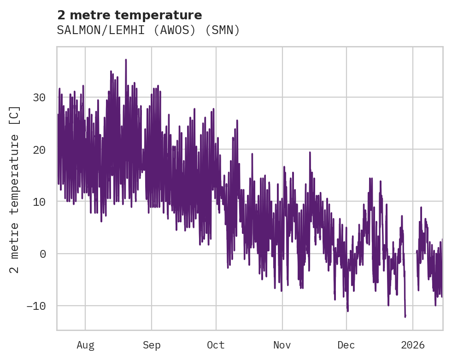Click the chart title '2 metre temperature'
(129, 15)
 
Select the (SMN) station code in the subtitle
(223, 30)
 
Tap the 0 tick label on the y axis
(43, 254)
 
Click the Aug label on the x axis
(85, 345)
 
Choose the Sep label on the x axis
(152, 345)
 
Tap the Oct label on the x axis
(216, 345)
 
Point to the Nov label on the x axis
(282, 345)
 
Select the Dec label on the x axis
(346, 345)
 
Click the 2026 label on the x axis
(413, 345)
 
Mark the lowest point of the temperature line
(405, 317)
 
